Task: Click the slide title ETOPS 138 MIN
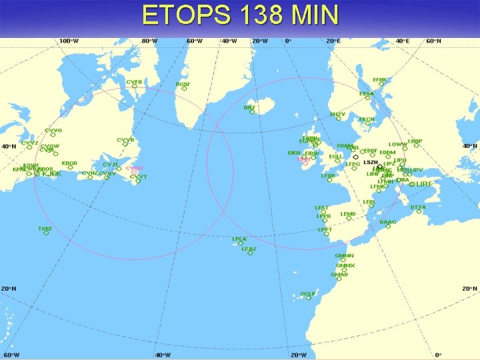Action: (x=240, y=15)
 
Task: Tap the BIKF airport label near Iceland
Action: (x=249, y=107)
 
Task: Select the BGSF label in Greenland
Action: (x=183, y=85)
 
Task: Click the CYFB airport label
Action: (x=134, y=82)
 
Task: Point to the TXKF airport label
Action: (x=45, y=229)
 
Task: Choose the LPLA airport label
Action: (x=239, y=239)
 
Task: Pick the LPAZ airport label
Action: (x=249, y=249)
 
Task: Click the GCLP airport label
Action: (x=307, y=293)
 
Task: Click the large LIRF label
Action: (x=424, y=183)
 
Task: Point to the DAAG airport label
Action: (x=387, y=222)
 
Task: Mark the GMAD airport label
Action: (x=339, y=274)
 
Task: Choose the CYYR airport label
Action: (x=125, y=140)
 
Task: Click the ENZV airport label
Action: (x=338, y=114)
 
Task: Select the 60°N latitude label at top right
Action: (x=433, y=41)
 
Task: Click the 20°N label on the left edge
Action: (x=9, y=289)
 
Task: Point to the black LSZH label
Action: (x=371, y=162)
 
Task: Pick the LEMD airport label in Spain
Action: (x=348, y=214)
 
